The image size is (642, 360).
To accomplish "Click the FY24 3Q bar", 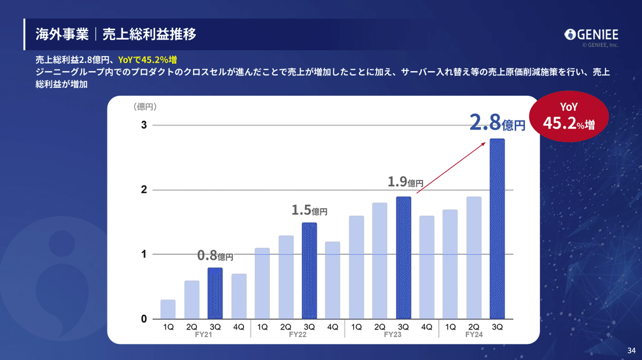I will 497,229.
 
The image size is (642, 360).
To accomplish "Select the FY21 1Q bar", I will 168,309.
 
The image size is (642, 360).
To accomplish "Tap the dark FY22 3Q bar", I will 309,271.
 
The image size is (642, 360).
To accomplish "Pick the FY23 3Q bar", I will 403,258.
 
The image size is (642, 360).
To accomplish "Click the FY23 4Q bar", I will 427,267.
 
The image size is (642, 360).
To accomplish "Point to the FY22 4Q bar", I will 333,280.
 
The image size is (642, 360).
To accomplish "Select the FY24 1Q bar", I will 450,264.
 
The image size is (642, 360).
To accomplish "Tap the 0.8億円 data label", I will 215,256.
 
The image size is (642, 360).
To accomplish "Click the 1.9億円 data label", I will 405,182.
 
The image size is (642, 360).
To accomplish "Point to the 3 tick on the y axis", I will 144,125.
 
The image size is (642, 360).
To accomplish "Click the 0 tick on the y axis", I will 144,319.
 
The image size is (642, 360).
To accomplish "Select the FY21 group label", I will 203,334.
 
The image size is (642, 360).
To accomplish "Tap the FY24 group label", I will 474,334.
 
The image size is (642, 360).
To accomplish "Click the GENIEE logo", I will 591,35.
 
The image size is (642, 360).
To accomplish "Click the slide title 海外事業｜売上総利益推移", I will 116,35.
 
